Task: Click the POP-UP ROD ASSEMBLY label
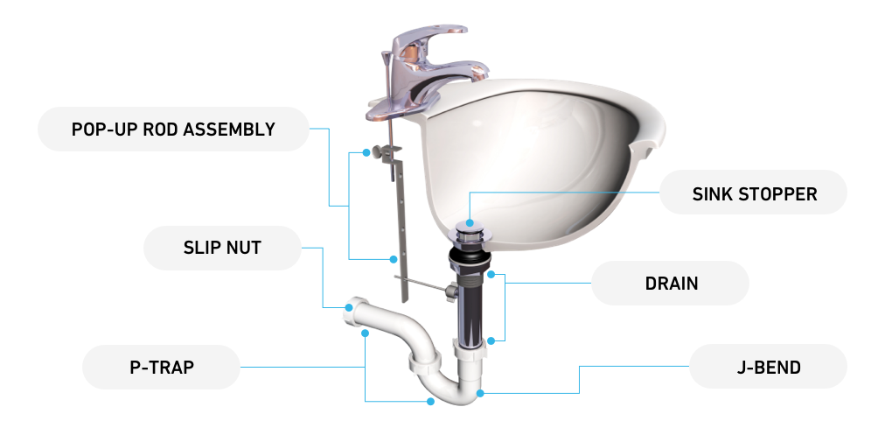173,129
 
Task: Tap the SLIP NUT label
222,248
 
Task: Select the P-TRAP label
162,368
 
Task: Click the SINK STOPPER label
754,193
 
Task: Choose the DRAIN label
671,283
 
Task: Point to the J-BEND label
768,368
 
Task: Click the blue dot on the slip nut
349,308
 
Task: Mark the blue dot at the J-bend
480,393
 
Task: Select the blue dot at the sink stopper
470,224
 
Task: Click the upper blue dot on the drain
491,275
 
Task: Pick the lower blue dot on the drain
491,340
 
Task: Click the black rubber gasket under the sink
469,259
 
